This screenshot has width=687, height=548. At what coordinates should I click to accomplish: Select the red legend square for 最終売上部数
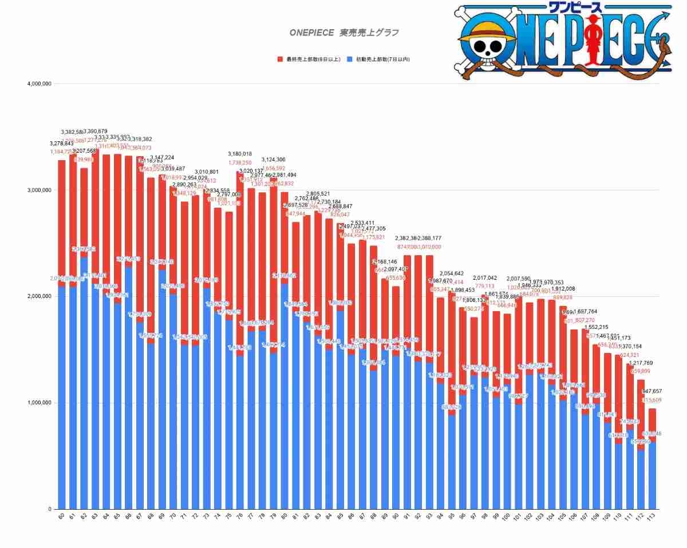click(x=279, y=59)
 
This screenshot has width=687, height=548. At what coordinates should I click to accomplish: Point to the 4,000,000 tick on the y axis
click(x=40, y=84)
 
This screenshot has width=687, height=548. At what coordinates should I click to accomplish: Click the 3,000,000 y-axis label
click(x=40, y=190)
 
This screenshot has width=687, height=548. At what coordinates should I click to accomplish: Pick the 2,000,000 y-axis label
click(x=40, y=297)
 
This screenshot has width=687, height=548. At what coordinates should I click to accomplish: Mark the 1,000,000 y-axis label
click(x=40, y=403)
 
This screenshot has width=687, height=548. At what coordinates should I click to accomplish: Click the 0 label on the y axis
click(x=49, y=509)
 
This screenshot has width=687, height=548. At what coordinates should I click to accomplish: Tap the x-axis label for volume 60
click(x=61, y=518)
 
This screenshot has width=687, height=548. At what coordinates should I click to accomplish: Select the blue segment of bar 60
click(x=61, y=400)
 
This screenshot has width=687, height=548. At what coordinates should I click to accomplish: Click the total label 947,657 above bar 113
click(x=652, y=391)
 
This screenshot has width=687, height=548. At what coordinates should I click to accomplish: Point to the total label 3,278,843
click(x=61, y=144)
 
